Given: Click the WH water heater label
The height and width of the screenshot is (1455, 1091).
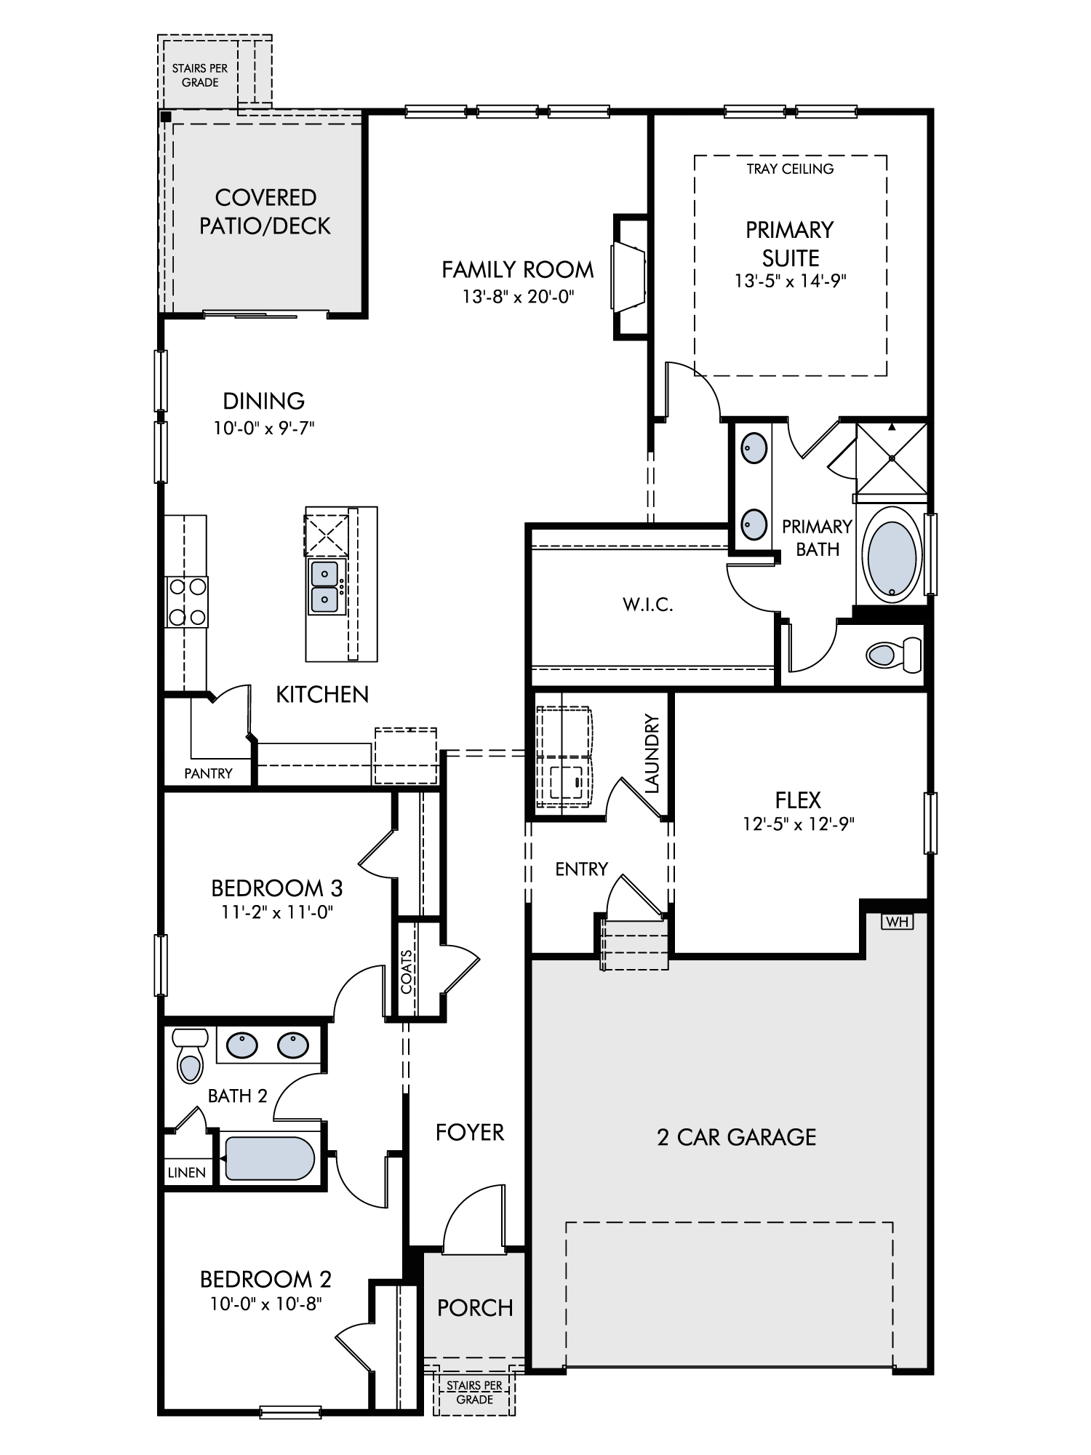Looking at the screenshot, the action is point(897,922).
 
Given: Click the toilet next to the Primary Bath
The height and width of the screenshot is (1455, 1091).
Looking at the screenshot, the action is point(894,654).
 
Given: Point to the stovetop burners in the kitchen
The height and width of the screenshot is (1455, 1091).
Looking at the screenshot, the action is point(187,602).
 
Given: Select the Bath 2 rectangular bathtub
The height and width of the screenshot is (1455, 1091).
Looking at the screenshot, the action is point(269,1158).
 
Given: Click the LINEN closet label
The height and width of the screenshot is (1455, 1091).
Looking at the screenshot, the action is point(187,1173).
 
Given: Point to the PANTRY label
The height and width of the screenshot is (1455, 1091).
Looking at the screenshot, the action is point(208,773).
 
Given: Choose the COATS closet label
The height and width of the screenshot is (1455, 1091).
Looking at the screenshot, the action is point(407,972).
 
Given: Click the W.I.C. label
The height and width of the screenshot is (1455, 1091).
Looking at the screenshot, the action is point(647,605).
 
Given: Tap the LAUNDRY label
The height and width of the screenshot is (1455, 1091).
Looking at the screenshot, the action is point(652,754).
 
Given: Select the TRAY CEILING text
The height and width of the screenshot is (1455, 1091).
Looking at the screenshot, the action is point(790,169).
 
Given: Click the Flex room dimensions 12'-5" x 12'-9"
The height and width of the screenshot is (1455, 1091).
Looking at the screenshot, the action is point(798,824).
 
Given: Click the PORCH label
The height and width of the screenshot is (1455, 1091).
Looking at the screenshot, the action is point(475,1308).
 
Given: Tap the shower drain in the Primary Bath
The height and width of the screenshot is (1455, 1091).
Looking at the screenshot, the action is point(892,458).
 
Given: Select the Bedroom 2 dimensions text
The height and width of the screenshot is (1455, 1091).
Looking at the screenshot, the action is point(266,1304).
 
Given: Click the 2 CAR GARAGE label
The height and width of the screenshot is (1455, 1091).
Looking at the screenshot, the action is point(737,1137).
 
